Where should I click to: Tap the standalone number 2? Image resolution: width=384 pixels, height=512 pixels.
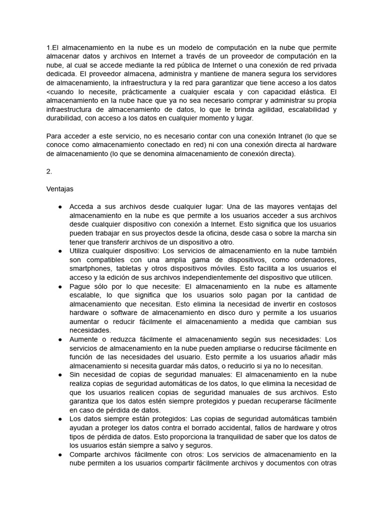point(49,171)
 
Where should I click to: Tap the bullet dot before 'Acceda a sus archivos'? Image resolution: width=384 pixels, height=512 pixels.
point(60,206)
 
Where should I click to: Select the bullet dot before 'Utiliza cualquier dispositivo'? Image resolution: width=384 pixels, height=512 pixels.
point(60,250)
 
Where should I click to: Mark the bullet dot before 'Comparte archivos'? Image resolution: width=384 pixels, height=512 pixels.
point(60,454)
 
